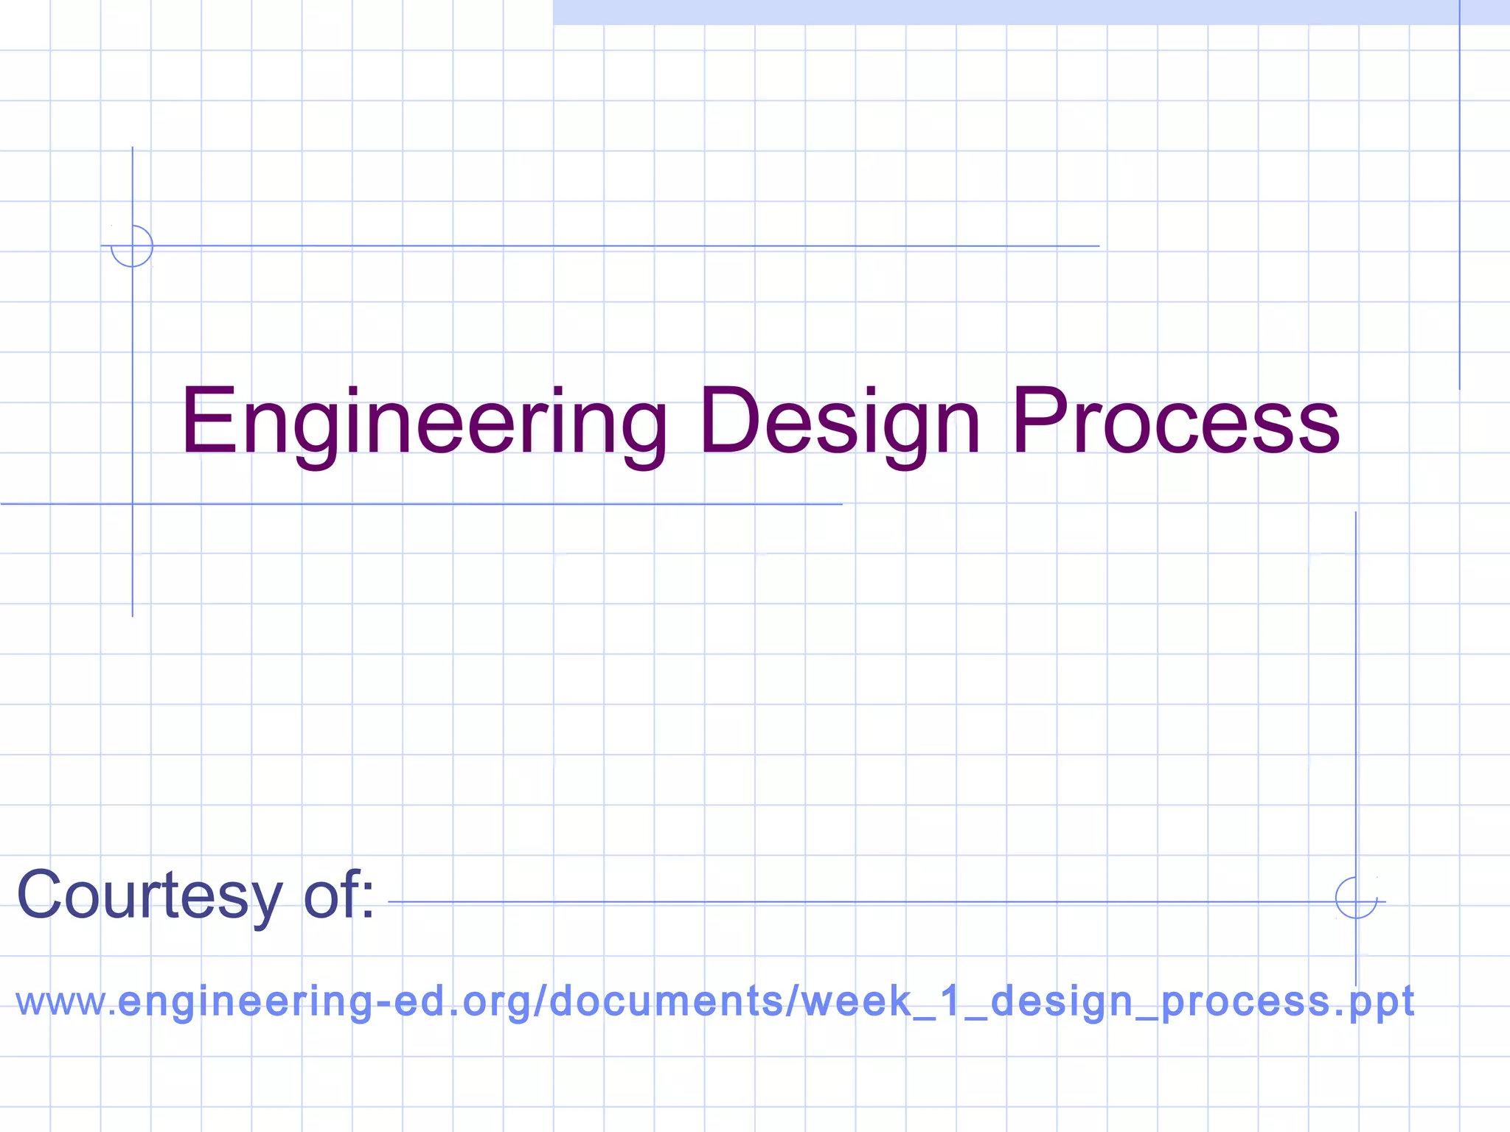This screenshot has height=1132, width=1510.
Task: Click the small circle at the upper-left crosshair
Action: [132, 246]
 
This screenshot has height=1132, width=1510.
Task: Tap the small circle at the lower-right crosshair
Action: [1356, 898]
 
